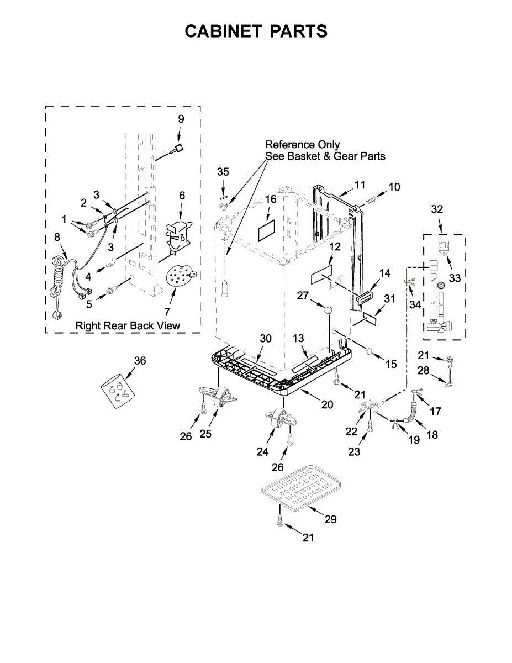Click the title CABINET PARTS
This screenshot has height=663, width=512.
256,31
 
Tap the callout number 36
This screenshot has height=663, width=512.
140,360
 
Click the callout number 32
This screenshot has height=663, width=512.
437,209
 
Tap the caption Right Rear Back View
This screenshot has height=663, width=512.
128,325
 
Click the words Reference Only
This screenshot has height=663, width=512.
303,145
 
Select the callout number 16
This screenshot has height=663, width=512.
270,199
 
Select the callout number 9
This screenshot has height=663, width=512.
181,119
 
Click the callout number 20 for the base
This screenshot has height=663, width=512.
327,404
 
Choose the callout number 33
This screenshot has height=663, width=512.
455,278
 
